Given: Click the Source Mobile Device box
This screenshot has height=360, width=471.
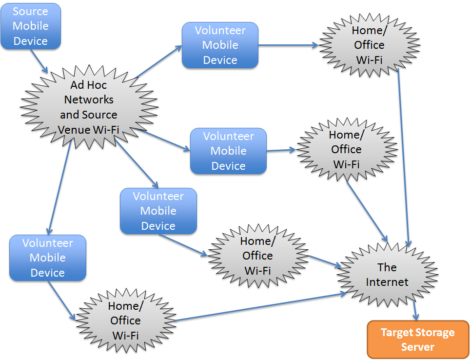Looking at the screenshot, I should pyautogui.click(x=30, y=26).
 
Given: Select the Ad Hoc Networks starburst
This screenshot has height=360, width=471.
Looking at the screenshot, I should pyautogui.click(x=88, y=107).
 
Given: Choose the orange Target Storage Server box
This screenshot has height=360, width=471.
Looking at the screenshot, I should pyautogui.click(x=417, y=340).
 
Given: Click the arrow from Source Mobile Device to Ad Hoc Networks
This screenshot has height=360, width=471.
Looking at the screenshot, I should pyautogui.click(x=40, y=61).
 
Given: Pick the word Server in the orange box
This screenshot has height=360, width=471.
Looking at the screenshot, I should pyautogui.click(x=417, y=347).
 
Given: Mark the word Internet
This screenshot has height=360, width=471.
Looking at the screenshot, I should pyautogui.click(x=387, y=282).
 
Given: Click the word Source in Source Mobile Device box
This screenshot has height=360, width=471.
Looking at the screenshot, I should pyautogui.click(x=30, y=11).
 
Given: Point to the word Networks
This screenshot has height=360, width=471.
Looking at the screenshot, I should pyautogui.click(x=89, y=100).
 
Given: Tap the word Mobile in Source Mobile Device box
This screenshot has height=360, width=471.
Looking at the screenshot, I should pyautogui.click(x=30, y=26).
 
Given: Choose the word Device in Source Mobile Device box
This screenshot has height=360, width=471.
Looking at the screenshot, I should pyautogui.click(x=30, y=41).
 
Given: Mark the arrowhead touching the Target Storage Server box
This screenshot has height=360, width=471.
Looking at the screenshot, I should pyautogui.click(x=416, y=317).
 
